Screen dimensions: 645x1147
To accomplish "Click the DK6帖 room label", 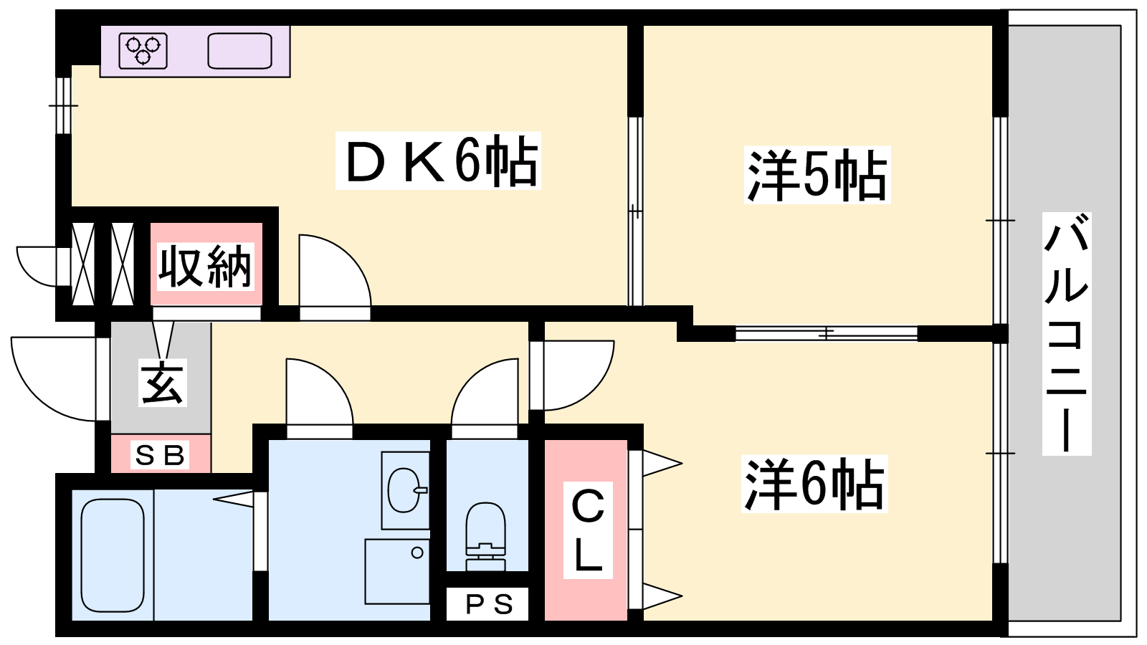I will (x=438, y=162).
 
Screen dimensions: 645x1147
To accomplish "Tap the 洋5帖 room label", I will (x=817, y=176).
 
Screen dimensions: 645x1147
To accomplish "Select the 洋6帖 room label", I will (x=814, y=484).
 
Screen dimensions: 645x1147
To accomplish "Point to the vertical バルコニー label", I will (x=1066, y=333).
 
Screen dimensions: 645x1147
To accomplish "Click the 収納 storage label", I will (x=206, y=267).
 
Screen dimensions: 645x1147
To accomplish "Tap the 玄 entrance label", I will (x=162, y=383).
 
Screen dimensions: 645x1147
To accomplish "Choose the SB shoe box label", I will (x=160, y=455).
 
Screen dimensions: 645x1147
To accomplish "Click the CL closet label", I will (x=588, y=530).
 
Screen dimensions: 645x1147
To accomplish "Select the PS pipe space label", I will (x=489, y=604).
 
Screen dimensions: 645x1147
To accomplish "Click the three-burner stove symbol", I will (x=143, y=51).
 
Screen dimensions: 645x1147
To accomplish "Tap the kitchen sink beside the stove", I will (x=240, y=51).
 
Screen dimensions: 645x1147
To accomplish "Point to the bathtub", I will (x=113, y=555).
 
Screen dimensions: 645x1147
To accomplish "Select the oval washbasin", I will (x=404, y=490).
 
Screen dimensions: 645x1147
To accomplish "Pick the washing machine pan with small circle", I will (x=397, y=570).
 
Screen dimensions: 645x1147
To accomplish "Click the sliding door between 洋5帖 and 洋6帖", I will (x=826, y=333).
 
